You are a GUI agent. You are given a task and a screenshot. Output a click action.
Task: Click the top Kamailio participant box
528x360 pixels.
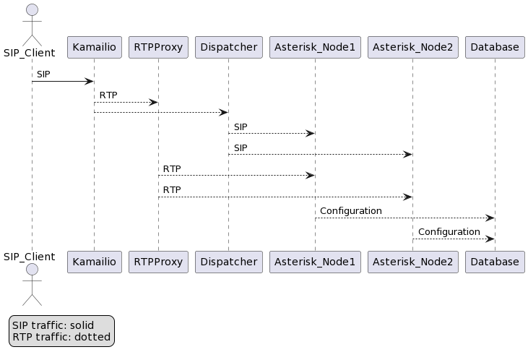point(94,48)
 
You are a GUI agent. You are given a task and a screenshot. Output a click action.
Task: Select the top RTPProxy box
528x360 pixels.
point(158,48)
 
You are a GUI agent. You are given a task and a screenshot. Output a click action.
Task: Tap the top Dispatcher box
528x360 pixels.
point(228,48)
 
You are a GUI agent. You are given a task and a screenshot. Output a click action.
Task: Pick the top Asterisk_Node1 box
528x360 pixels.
point(314,48)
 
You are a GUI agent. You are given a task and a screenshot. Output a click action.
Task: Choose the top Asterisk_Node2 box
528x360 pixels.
point(412,48)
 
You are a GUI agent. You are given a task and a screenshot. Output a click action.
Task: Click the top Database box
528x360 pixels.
point(495,48)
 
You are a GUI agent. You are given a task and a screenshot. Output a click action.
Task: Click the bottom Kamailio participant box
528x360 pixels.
point(94,262)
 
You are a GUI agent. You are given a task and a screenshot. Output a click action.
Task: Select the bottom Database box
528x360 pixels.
point(495,262)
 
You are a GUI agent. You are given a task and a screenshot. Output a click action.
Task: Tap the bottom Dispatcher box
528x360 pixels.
point(228,262)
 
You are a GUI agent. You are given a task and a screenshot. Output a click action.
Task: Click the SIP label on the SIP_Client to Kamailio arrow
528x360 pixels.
point(44,74)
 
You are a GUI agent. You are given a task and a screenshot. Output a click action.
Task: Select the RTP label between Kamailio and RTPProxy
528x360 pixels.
point(108,95)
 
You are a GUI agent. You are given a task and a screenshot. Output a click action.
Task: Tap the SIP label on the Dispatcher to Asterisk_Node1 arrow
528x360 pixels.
point(241,127)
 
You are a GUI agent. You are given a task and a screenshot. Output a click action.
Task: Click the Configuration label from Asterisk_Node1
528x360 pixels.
point(350,211)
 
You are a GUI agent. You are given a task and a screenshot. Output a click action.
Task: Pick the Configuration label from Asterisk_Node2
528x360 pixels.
point(449,232)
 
